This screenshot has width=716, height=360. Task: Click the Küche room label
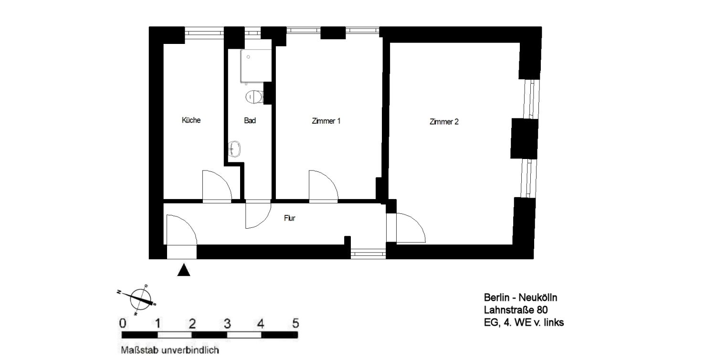click(191, 120)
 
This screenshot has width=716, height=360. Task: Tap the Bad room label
click(250, 120)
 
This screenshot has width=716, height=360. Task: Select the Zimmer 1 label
click(326, 121)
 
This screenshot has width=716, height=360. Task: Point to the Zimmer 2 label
click(444, 122)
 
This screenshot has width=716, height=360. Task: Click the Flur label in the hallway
click(290, 218)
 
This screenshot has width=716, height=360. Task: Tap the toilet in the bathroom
click(254, 96)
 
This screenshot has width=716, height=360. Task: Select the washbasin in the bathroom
click(235, 149)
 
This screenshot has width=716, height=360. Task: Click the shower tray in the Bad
click(256, 65)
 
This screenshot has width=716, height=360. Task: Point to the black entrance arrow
click(184, 269)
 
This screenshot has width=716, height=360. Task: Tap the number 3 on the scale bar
click(227, 324)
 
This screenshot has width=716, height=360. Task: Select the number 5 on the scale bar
click(295, 323)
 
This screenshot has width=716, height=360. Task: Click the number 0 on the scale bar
click(122, 324)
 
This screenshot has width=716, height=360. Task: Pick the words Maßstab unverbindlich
click(170, 350)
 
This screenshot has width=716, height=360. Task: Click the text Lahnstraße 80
click(516, 310)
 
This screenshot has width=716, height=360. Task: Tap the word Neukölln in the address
click(538, 297)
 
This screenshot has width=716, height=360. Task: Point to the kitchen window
click(205, 33)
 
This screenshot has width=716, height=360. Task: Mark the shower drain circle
click(248, 57)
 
